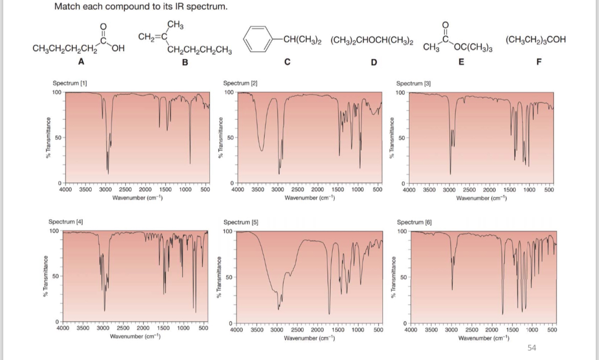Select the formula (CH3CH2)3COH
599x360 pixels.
[x=535, y=39]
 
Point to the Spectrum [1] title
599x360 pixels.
[x=66, y=83]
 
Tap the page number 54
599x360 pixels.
[x=531, y=348]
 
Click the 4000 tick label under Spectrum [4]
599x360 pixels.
[x=62, y=328]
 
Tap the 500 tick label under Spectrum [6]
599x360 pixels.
[x=552, y=330]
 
